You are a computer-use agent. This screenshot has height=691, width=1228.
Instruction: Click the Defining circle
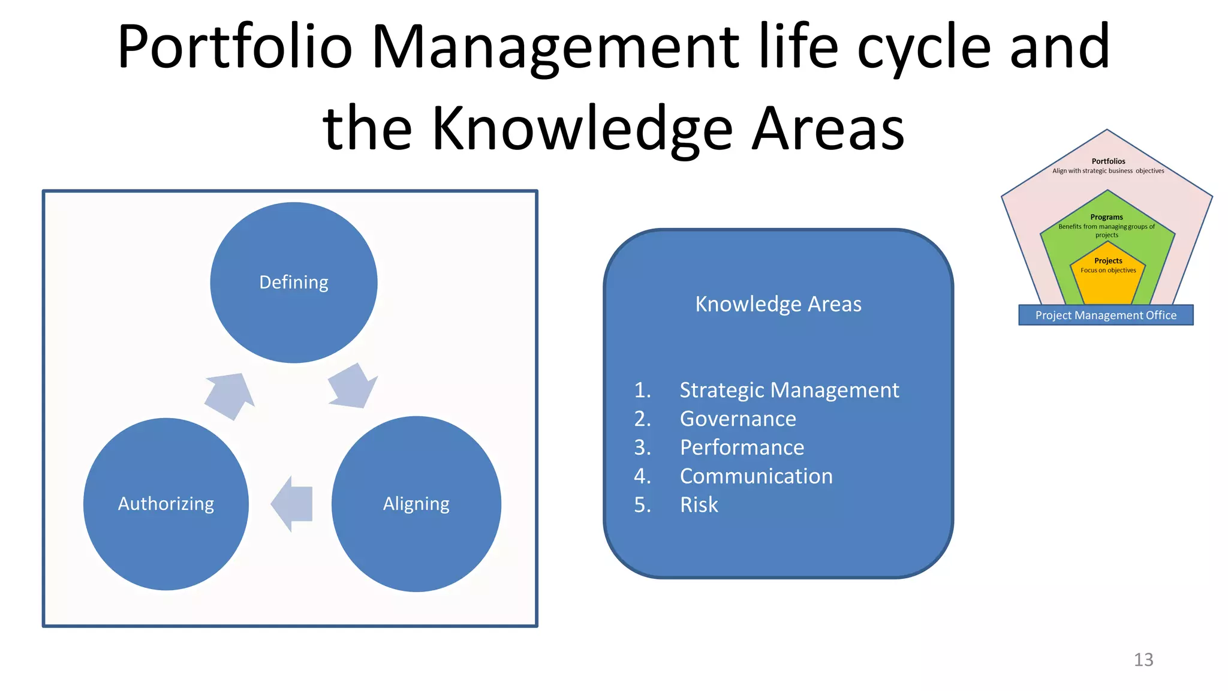click(294, 282)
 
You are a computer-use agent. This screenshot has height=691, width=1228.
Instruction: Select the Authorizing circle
click(166, 504)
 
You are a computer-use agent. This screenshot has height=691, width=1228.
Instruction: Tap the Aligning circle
click(416, 504)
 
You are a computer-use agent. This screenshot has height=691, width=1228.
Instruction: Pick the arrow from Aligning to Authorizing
click(293, 504)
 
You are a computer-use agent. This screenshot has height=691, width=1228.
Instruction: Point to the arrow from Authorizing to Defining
click(230, 396)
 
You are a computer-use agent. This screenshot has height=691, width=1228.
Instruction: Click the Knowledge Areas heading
click(778, 304)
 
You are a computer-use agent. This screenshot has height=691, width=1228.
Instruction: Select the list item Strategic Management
click(789, 390)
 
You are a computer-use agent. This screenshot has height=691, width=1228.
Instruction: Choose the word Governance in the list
click(738, 419)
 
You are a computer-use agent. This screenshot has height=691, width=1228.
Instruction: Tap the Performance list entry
click(742, 447)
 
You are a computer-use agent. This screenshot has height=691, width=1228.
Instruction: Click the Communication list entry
click(756, 476)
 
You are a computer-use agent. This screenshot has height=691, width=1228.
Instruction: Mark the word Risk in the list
click(699, 505)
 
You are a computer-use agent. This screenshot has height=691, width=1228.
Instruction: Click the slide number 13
click(1143, 660)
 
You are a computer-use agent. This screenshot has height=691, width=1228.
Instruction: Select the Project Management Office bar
click(1106, 316)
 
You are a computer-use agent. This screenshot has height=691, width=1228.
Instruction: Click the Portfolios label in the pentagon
click(1108, 161)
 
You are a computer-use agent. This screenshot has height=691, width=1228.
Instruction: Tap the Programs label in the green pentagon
click(1106, 217)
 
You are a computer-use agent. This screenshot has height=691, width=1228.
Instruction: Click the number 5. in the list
click(642, 505)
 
